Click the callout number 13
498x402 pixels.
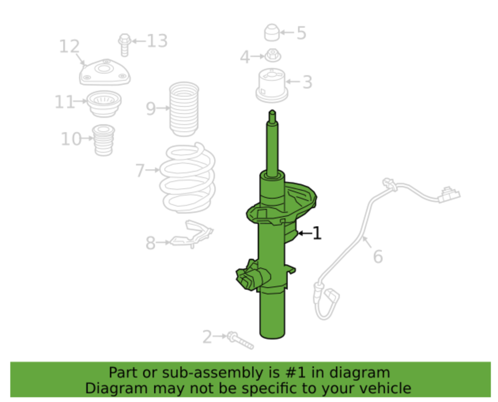click(157, 41)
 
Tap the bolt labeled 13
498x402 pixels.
click(124, 45)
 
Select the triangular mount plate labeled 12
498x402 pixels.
click(105, 72)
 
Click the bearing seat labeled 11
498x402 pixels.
click(104, 104)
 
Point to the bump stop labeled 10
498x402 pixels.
click(104, 140)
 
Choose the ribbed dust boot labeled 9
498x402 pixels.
click(184, 109)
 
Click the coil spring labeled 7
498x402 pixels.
click(187, 178)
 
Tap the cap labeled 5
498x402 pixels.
click(272, 32)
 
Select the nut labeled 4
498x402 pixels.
click(273, 55)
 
